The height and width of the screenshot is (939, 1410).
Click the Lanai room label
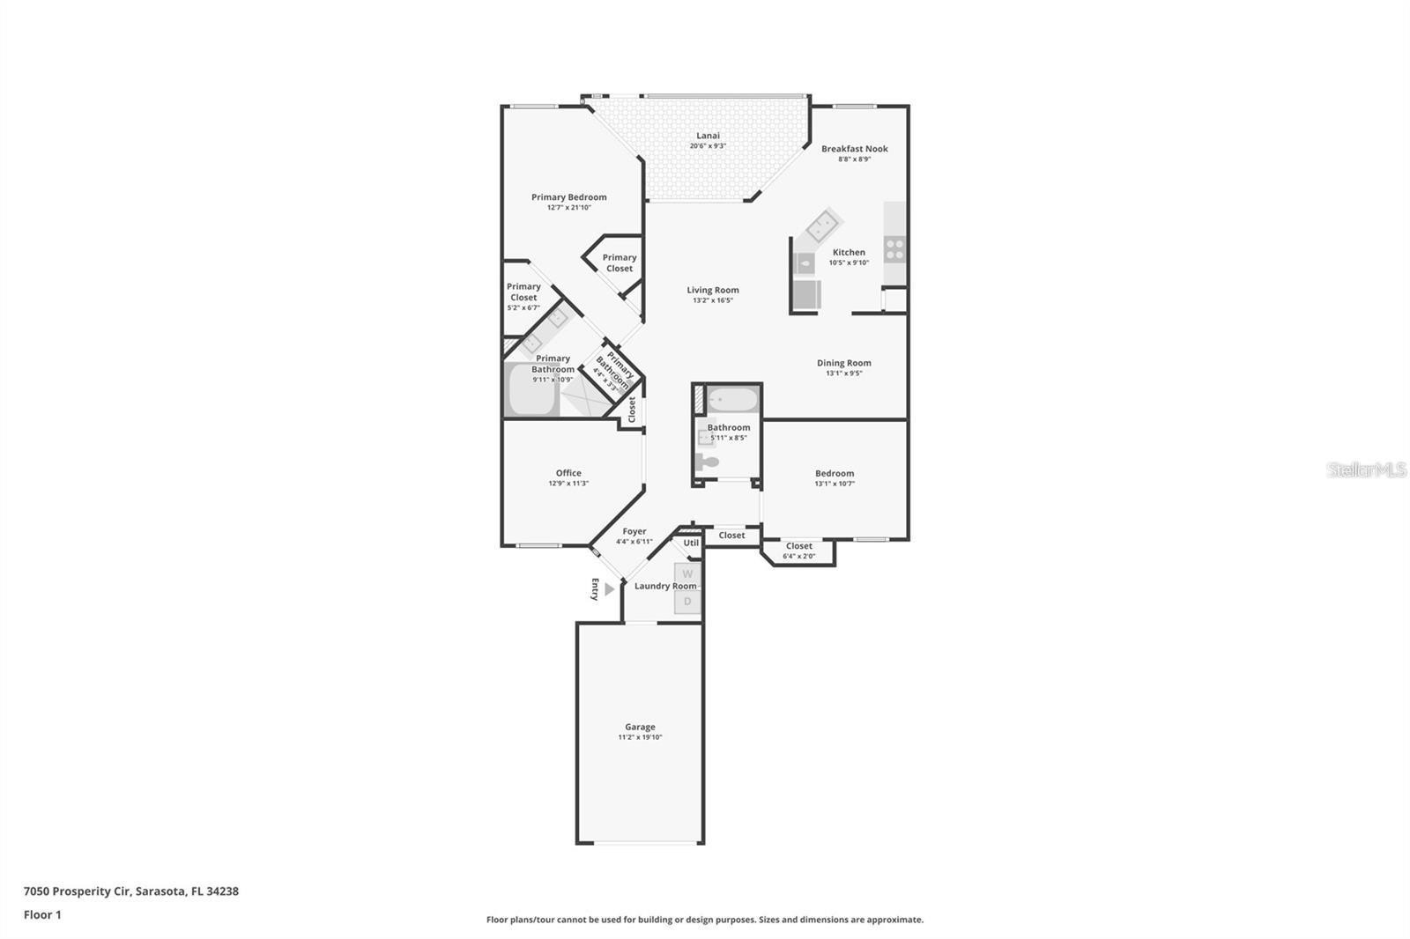(708, 136)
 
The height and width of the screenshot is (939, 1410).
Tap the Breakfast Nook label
(854, 149)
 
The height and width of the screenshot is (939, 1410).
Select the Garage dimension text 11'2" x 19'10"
(640, 737)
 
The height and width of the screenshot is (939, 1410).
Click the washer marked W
(687, 574)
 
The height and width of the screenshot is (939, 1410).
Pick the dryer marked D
(687, 601)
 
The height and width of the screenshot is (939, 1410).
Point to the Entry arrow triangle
(609, 589)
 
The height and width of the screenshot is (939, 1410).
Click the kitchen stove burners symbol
(894, 249)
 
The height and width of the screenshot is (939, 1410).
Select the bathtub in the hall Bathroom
(731, 401)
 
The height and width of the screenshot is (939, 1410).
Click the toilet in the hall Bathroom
(708, 462)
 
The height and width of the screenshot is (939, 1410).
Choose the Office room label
(568, 473)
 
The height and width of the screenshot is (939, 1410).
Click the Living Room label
(713, 290)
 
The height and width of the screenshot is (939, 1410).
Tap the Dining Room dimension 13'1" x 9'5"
(843, 373)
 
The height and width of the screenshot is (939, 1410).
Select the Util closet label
(691, 543)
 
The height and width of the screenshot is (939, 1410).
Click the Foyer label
(634, 531)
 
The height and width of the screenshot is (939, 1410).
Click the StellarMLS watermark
(1366, 469)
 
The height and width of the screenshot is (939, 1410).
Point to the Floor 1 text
(42, 914)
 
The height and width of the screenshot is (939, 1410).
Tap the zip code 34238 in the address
(223, 891)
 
